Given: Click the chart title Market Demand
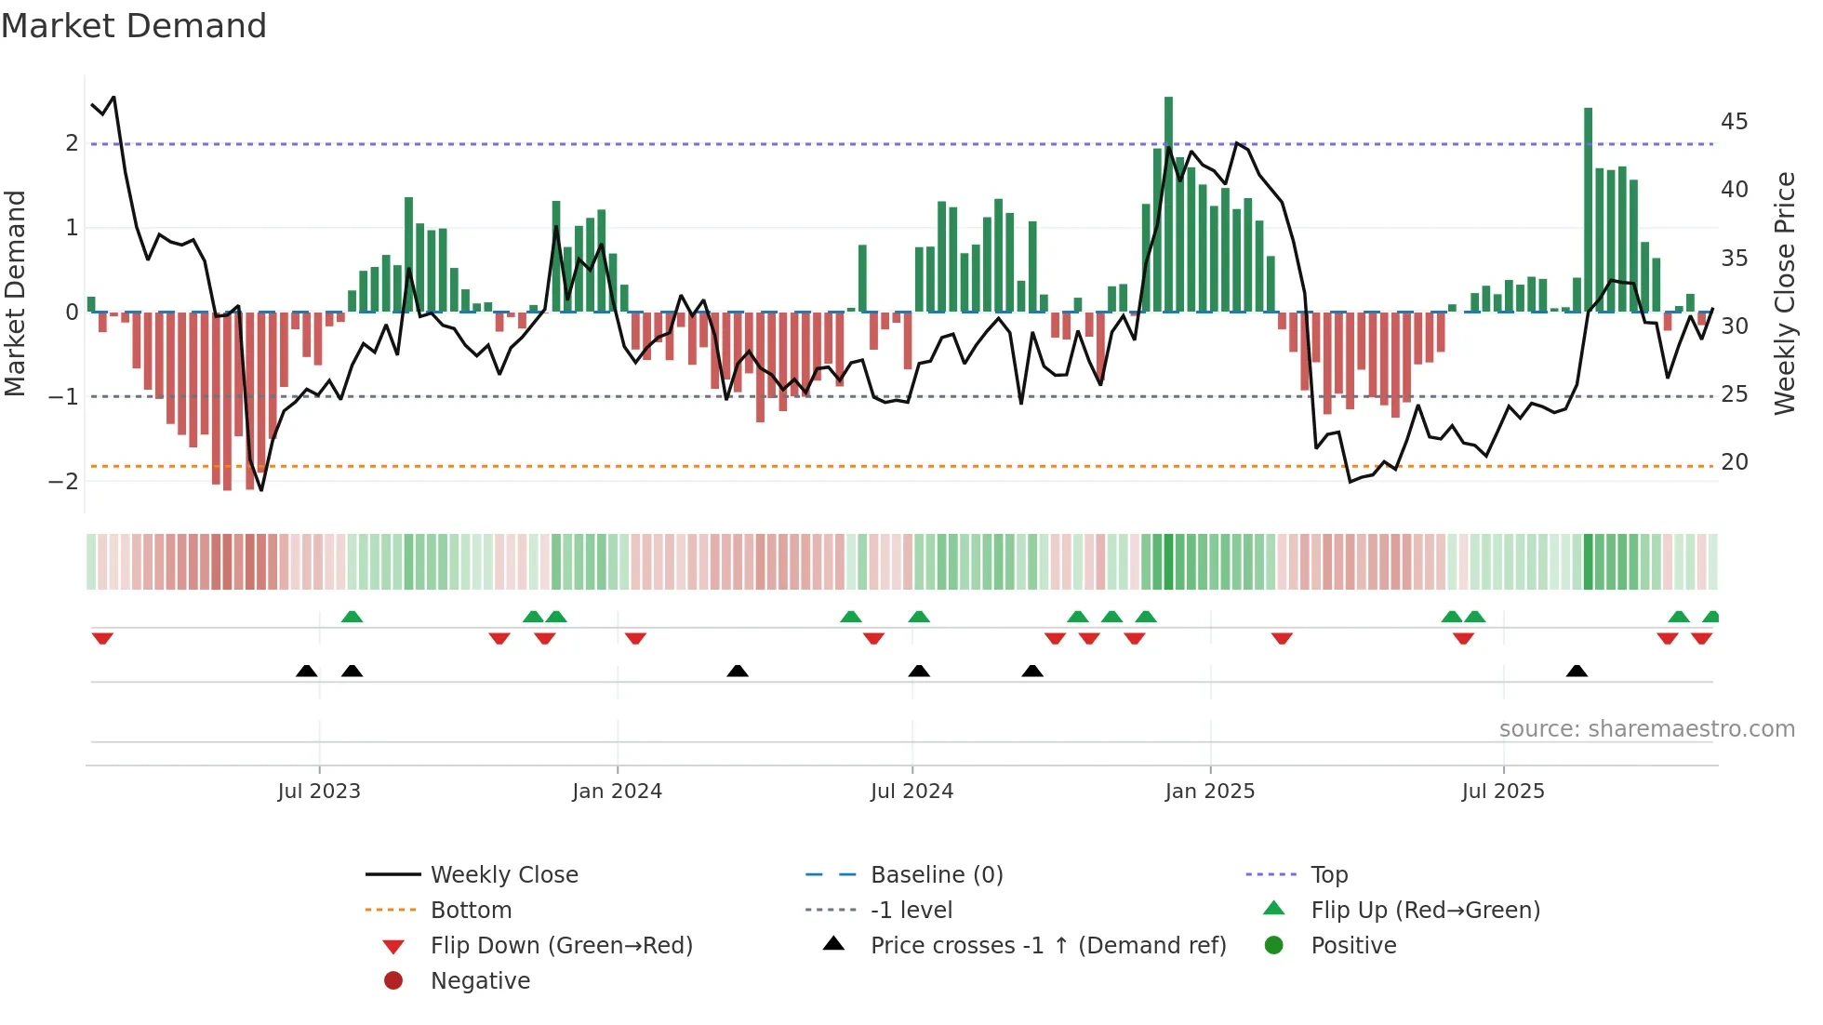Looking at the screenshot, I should pos(134,26).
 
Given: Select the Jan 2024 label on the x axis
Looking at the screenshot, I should pos(617,792).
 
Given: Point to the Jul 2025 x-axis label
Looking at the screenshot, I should pos(1502,792).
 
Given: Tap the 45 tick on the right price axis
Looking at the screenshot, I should pos(1734,122).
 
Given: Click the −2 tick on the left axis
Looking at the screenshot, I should pos(63,482).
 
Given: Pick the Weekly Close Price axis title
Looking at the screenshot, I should pos(1784,293).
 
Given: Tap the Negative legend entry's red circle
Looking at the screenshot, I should pos(393,981).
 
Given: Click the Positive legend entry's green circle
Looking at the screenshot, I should pos(1274,946).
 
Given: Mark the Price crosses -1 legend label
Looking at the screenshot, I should pos(1047,946).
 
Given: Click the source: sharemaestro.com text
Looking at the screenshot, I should pos(1646,729).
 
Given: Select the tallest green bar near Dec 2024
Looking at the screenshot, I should pos(1168,205).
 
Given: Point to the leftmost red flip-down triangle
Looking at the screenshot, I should pos(102,638).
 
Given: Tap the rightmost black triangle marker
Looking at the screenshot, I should pos(1577,671).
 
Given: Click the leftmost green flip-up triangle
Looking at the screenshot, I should pos(352,617).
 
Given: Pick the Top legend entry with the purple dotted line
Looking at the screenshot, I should pos(1328,875).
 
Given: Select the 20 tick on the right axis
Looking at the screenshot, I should pos(1734,462).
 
